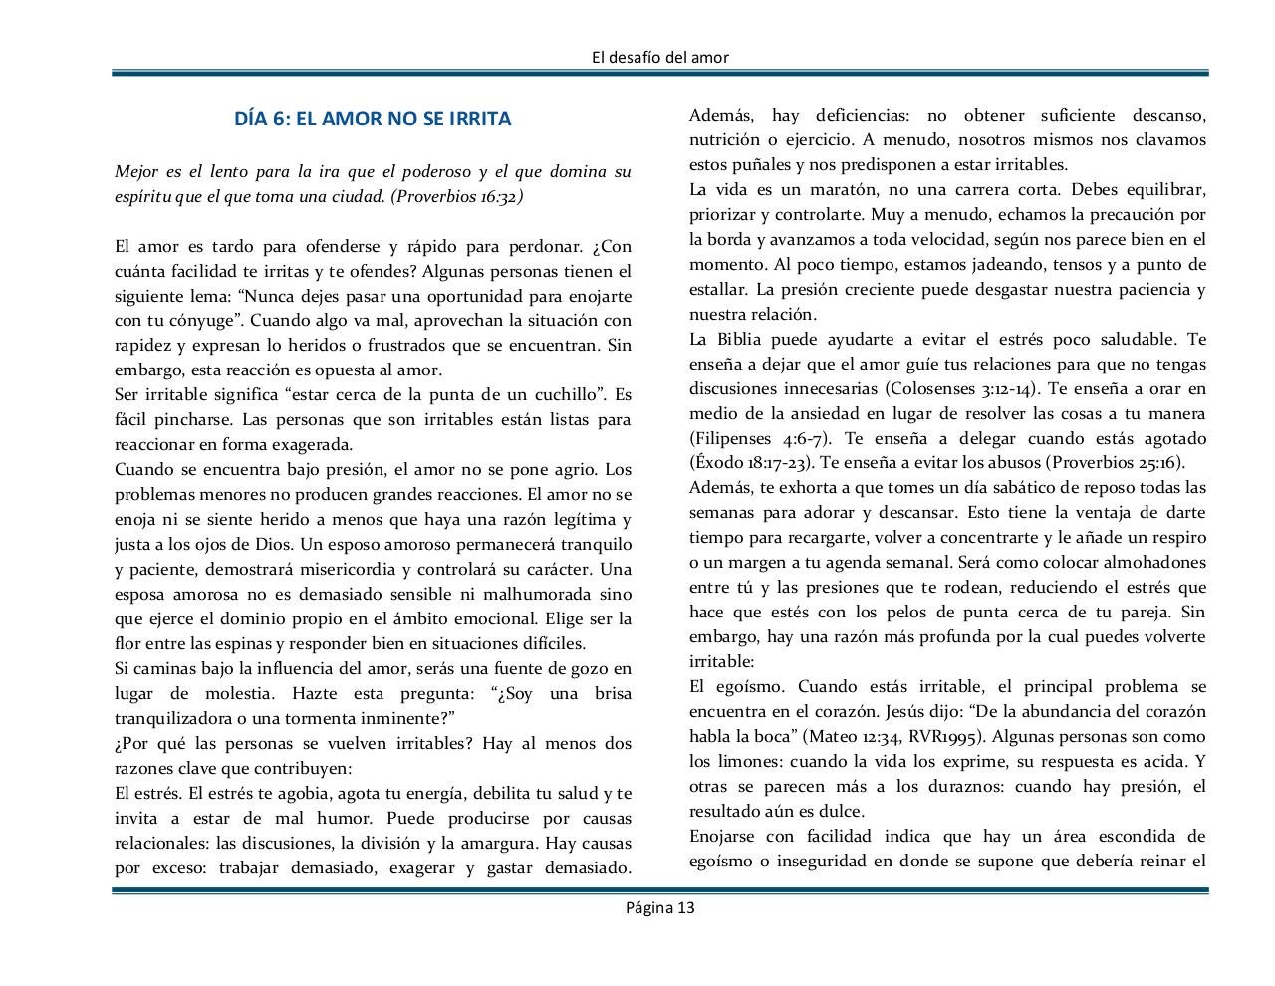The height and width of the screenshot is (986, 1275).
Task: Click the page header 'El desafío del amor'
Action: (x=659, y=57)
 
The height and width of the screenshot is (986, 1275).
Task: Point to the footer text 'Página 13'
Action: (x=659, y=907)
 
